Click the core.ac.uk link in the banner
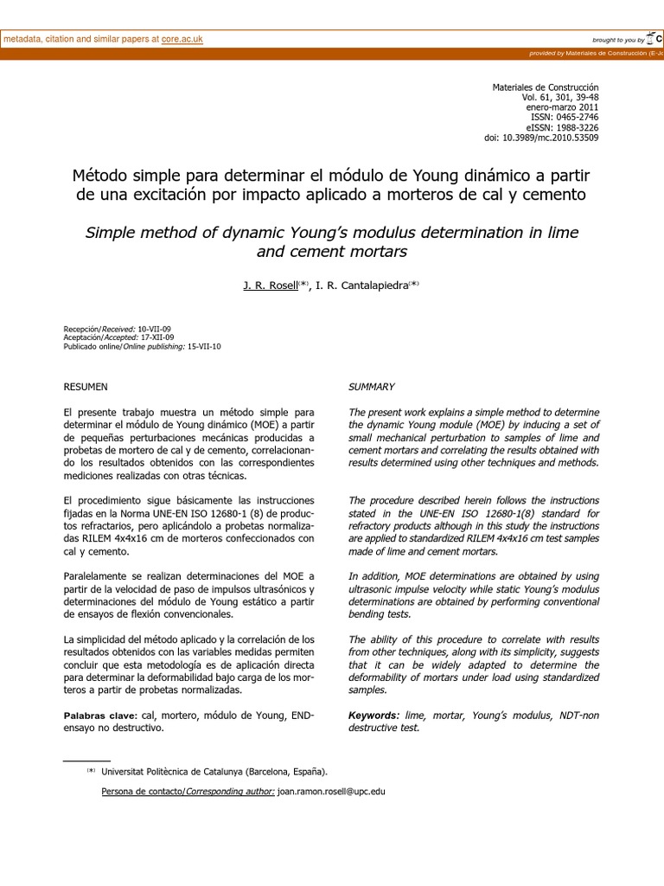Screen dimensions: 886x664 [x=182, y=40]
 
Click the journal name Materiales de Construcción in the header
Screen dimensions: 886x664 [x=545, y=88]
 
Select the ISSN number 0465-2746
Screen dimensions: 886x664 [x=576, y=117]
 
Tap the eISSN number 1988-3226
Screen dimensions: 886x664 [x=576, y=127]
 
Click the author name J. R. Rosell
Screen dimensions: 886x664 [x=270, y=286]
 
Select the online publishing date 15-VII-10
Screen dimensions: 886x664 [x=204, y=346]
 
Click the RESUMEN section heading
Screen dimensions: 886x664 [x=86, y=387]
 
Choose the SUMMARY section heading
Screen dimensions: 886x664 [x=372, y=387]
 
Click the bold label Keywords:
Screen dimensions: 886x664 [x=373, y=716]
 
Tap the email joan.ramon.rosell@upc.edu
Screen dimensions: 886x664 [x=331, y=792]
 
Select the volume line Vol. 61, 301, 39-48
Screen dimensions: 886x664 [x=559, y=98]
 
